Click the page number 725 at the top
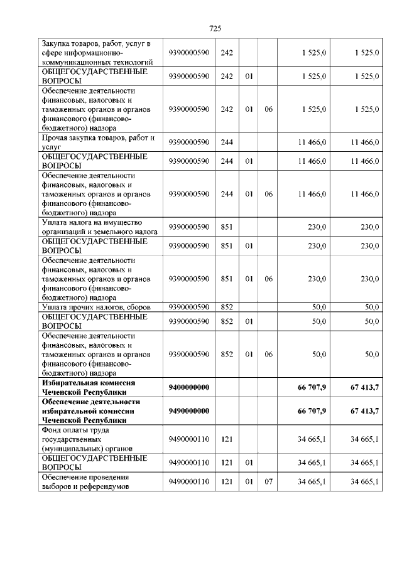pos(214,28)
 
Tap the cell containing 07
pos(268,481)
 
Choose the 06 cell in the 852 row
pos(268,355)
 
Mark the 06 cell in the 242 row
pos(268,109)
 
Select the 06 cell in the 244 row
pos(268,195)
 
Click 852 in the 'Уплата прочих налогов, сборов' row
pos(227,307)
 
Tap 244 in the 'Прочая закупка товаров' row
pos(227,142)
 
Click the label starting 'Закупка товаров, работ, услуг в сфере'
pos(97,53)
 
